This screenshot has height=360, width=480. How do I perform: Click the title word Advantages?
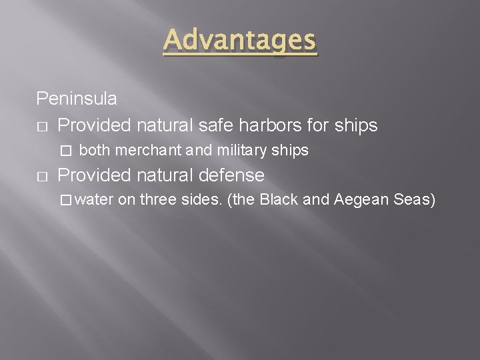click(x=240, y=41)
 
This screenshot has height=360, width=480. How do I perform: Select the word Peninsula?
click(x=77, y=99)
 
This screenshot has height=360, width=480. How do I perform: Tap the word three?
click(x=158, y=201)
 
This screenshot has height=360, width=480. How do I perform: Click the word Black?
click(x=279, y=201)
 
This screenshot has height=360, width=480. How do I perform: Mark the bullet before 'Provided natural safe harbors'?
click(x=41, y=125)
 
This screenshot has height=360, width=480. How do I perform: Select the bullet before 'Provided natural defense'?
click(x=41, y=176)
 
